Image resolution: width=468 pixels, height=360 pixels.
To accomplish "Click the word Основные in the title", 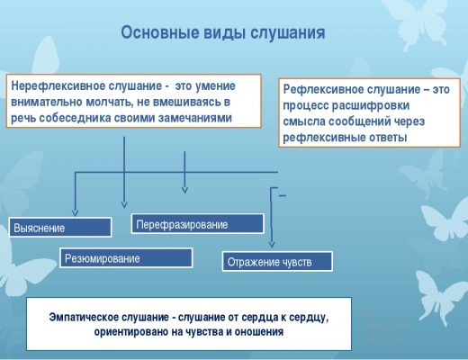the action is pyautogui.click(x=160, y=32).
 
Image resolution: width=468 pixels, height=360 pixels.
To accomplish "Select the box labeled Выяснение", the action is pyautogui.click(x=60, y=228).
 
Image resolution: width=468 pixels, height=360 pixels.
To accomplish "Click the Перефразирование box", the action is pyautogui.click(x=198, y=224).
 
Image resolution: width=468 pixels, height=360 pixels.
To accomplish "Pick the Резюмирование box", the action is pyautogui.click(x=126, y=258).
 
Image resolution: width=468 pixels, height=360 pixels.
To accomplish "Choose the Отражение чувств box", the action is pyautogui.click(x=277, y=262).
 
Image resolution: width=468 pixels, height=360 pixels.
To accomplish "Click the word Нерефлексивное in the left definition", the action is pyautogui.click(x=58, y=86).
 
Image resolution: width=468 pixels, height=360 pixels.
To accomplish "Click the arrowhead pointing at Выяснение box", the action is pyautogui.click(x=76, y=212).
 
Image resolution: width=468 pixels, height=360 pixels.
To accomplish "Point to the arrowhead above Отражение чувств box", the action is pyautogui.click(x=272, y=244).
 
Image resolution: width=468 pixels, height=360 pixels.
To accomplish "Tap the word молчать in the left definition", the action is pyautogui.click(x=109, y=103).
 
